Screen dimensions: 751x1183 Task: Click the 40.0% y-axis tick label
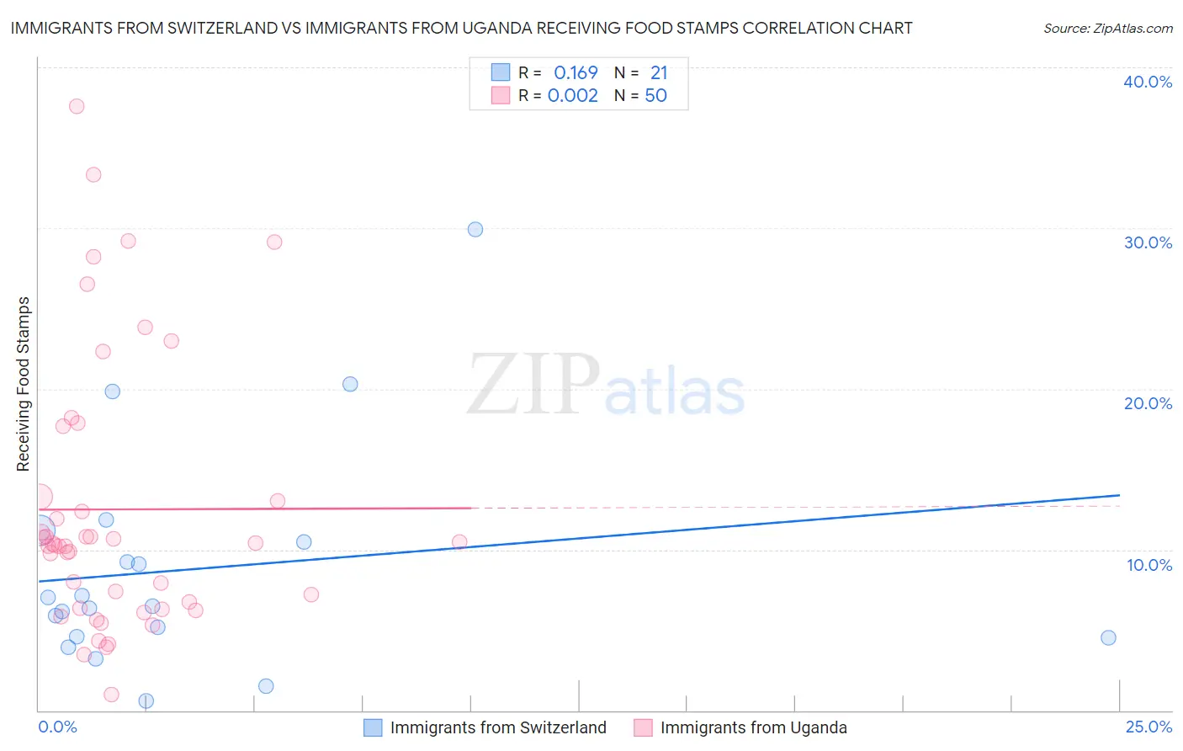(x=1148, y=82)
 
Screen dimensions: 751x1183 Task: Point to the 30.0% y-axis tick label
(x=1148, y=242)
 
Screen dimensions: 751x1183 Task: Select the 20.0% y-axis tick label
(x=1148, y=403)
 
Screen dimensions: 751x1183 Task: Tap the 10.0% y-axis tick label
(x=1149, y=565)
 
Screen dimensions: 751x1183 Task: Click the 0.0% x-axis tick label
(x=57, y=727)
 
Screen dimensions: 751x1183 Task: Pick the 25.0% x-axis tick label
(x=1149, y=727)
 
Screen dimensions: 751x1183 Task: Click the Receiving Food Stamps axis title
(x=24, y=384)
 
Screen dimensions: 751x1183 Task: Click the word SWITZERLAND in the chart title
(x=201, y=28)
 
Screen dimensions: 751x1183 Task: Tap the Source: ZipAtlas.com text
(x=1107, y=28)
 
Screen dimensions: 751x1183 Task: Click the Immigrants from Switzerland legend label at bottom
(x=498, y=727)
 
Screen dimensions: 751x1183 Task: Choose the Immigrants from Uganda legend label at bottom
(x=753, y=727)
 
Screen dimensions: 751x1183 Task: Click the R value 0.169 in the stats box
(x=576, y=72)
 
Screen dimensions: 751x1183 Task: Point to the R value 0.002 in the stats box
(x=572, y=95)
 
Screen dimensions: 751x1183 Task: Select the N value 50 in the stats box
(x=655, y=95)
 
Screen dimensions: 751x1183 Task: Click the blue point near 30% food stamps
(x=475, y=229)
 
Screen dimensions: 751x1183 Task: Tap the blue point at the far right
(x=1108, y=637)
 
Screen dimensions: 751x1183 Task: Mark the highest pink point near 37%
(x=77, y=106)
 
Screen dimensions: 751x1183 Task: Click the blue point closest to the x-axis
(x=146, y=700)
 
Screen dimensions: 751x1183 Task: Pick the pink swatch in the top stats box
(x=501, y=95)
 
